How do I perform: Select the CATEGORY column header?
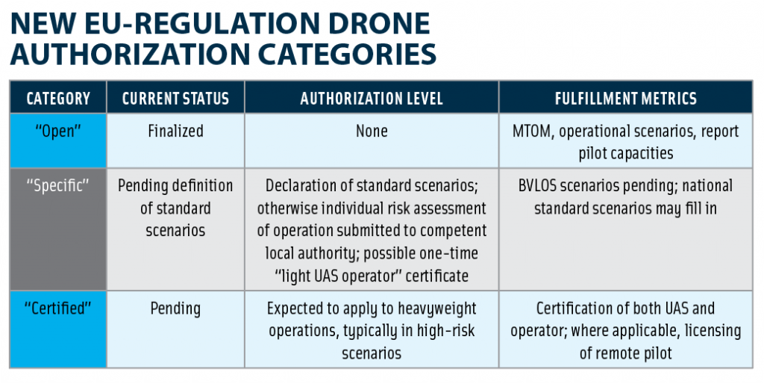[x=58, y=99]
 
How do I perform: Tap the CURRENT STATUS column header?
[x=175, y=99]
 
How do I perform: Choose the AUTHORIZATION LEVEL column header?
[x=372, y=99]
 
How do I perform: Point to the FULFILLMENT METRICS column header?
[x=626, y=99]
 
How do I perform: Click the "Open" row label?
[x=58, y=131]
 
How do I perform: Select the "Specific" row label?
[x=58, y=185]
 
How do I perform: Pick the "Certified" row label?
[x=58, y=309]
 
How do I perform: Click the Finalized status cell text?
[x=175, y=131]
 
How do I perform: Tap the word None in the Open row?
[x=372, y=131]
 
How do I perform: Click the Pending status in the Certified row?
[x=175, y=309]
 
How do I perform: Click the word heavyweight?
[x=437, y=309]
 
